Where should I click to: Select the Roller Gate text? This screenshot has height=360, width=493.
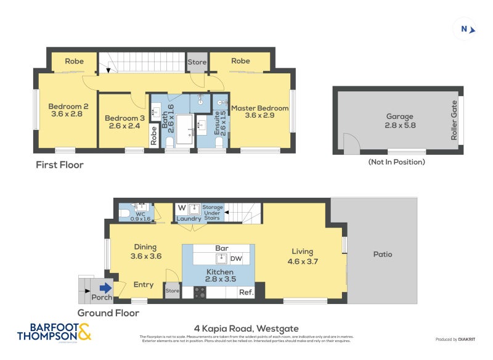click(x=455, y=120)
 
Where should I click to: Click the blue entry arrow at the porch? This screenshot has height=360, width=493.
click(x=105, y=287)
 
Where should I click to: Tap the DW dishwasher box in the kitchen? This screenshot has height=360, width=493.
click(x=236, y=258)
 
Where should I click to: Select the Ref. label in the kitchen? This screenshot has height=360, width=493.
click(x=246, y=292)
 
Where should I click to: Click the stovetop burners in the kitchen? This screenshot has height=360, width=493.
click(x=200, y=292)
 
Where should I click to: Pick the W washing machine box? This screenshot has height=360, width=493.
click(x=182, y=208)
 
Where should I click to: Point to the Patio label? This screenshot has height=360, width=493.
click(x=382, y=254)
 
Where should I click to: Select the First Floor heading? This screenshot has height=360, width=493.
click(x=59, y=165)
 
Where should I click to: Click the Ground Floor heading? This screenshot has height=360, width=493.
click(x=108, y=313)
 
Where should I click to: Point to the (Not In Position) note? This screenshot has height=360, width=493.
click(x=396, y=162)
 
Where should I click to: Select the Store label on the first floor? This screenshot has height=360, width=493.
click(x=197, y=62)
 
